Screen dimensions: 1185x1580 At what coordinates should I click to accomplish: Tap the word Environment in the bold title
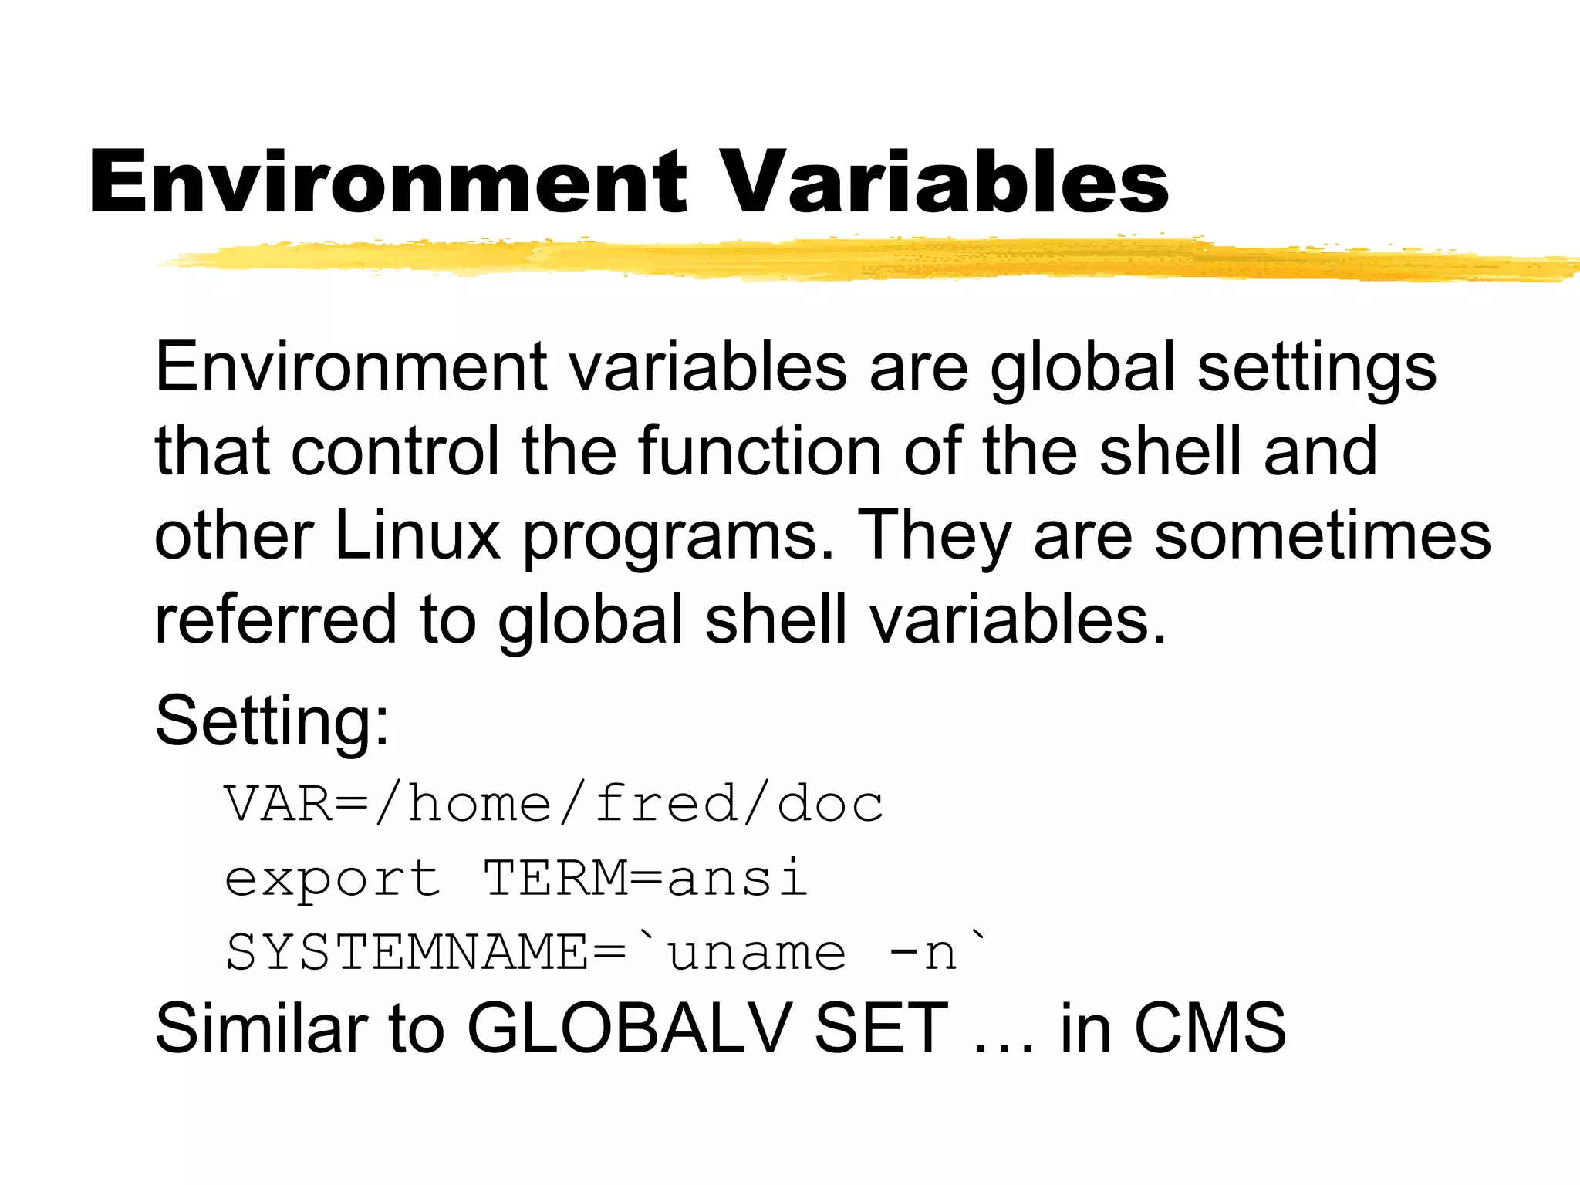(x=387, y=181)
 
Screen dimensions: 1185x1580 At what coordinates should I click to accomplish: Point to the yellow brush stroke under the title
(x=849, y=260)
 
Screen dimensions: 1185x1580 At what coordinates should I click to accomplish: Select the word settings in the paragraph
(x=1317, y=369)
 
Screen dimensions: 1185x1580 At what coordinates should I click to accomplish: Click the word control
(x=395, y=451)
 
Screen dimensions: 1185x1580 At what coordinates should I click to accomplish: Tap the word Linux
(x=417, y=535)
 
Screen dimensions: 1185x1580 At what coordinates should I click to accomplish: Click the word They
(x=934, y=535)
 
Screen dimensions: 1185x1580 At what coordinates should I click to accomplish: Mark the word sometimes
(x=1322, y=535)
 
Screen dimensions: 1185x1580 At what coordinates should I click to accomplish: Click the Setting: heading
(x=272, y=722)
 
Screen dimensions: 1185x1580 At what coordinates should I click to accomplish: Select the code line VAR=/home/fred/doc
(x=553, y=804)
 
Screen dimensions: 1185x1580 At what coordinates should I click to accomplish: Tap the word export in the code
(x=333, y=879)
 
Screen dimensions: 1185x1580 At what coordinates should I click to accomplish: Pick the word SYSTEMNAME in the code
(x=407, y=952)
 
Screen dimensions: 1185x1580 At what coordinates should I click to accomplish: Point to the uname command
(x=756, y=953)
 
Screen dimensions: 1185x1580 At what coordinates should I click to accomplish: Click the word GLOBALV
(x=629, y=1027)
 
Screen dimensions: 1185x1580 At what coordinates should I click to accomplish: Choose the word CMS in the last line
(x=1209, y=1027)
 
